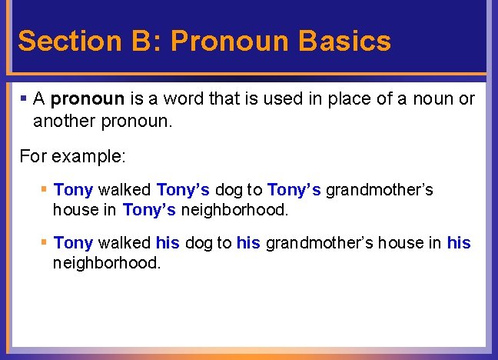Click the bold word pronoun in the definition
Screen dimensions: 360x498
88,100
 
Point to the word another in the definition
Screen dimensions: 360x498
64,122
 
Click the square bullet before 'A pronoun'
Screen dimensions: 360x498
24,98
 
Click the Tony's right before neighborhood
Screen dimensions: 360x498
149,209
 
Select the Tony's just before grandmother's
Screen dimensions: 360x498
294,189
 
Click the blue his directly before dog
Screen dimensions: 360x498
168,243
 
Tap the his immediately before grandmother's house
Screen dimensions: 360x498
248,243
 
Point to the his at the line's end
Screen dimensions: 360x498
459,243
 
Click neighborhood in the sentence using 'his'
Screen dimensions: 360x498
107,263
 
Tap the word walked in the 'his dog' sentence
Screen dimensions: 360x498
124,243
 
